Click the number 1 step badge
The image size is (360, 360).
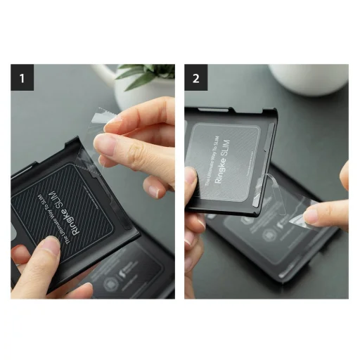tap(22, 77)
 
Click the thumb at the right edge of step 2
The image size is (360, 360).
tap(345, 176)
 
